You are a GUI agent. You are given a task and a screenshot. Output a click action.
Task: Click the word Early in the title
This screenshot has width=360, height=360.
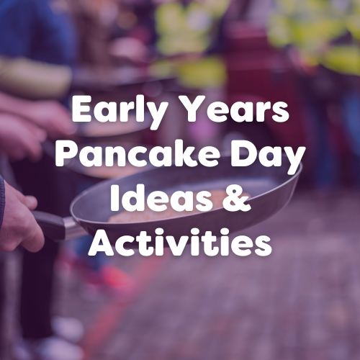[x=117, y=112]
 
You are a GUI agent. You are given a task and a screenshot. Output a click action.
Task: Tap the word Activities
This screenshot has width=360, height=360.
[x=180, y=242]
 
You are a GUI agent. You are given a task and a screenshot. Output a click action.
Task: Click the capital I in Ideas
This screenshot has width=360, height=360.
[x=111, y=199]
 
